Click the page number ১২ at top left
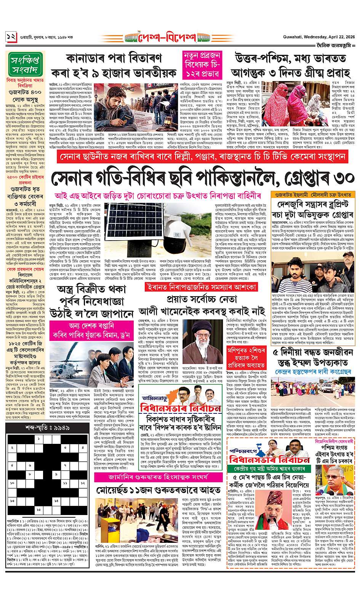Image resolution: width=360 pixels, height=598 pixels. click(x=11, y=38)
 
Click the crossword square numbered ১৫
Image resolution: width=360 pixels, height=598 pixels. click(x=38, y=509)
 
